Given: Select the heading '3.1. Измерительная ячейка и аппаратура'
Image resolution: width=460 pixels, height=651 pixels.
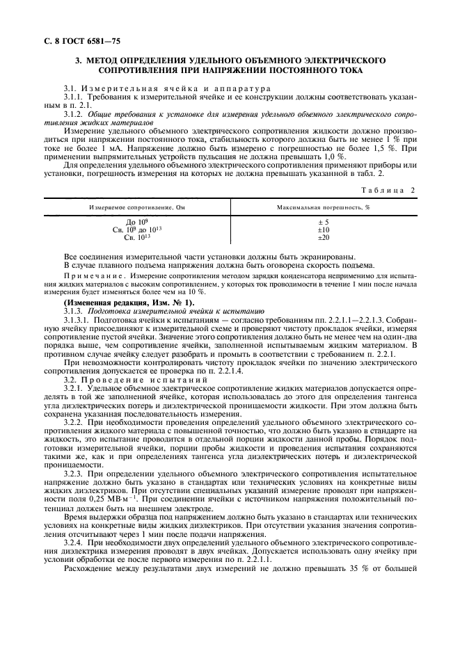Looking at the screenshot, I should point(161,89).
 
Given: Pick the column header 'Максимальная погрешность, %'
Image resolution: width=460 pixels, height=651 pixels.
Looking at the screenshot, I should point(322,207).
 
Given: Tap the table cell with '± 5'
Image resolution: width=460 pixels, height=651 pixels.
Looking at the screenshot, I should point(322,223).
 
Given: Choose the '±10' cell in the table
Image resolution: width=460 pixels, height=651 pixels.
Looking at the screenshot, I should point(322,230).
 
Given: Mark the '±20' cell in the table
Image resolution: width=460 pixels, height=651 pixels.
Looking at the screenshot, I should point(322,237).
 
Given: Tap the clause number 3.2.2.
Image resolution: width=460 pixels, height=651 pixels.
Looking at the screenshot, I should point(74,424).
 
